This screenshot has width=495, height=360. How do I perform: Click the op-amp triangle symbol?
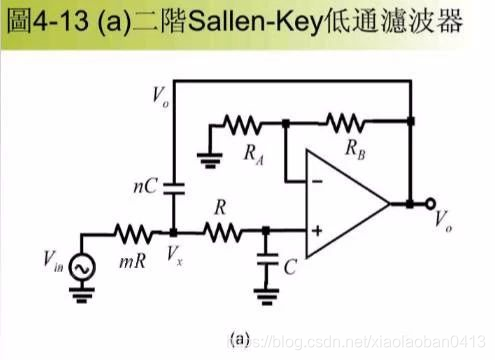345,205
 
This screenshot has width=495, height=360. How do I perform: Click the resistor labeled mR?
132,233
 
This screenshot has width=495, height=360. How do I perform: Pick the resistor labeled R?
222,233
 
